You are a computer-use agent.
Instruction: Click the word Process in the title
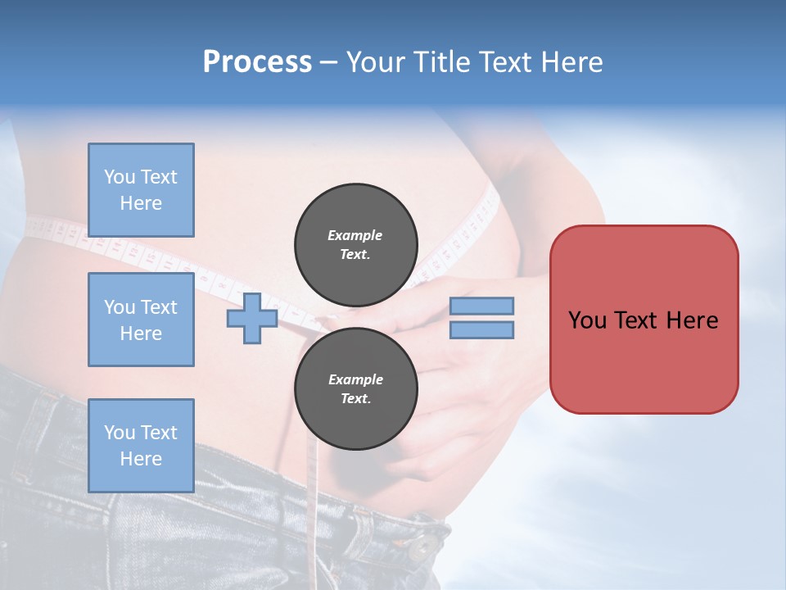(x=257, y=62)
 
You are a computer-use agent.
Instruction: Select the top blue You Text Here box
(x=141, y=190)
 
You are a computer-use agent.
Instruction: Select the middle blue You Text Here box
(x=141, y=320)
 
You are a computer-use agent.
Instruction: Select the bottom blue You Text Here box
(x=141, y=446)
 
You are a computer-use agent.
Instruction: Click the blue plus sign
(x=252, y=318)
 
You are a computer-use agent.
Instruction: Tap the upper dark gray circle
(x=355, y=245)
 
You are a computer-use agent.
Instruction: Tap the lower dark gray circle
(x=355, y=389)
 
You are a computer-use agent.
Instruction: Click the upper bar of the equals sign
(x=481, y=306)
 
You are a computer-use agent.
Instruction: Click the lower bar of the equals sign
(x=481, y=329)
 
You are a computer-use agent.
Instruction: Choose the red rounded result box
(x=644, y=320)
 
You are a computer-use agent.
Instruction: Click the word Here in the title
(x=571, y=62)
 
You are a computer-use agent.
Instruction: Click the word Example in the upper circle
(x=355, y=235)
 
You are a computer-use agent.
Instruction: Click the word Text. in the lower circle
(x=355, y=399)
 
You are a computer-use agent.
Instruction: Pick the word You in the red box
(x=587, y=320)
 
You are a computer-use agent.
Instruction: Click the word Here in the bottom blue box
(x=141, y=459)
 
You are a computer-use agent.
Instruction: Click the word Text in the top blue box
(x=159, y=177)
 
